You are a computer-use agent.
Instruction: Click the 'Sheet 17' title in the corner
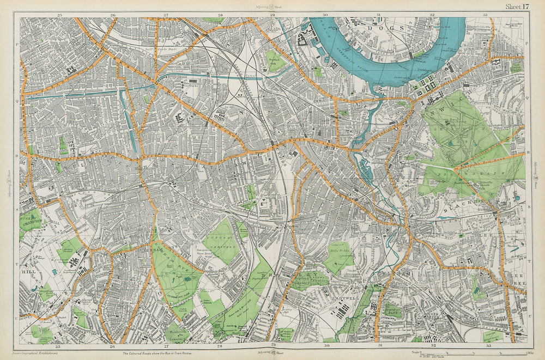pos(517,7)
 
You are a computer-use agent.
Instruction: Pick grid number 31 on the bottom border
pos(377,345)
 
